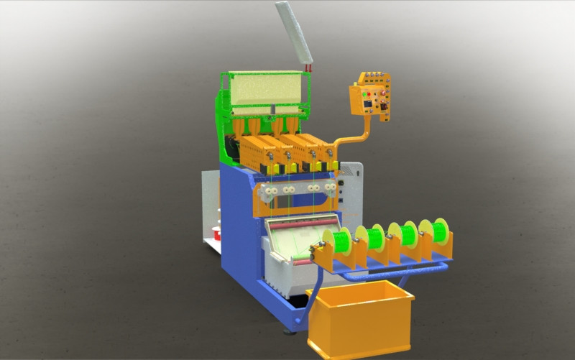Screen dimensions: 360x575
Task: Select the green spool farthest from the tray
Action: pos(438,231)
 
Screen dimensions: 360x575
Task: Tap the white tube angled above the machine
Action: pos(294,33)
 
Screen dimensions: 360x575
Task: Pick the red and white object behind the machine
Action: pos(216,233)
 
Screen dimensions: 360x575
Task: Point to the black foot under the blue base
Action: pos(291,331)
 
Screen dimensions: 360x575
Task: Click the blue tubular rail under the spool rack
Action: pos(395,272)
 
